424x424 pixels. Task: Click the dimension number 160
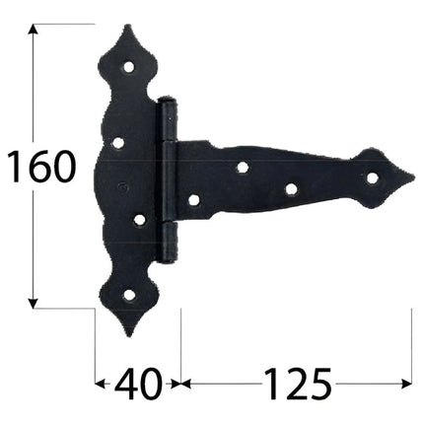41,167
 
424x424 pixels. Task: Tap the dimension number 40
138,384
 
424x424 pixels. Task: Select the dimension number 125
297,384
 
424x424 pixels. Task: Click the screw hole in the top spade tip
129,67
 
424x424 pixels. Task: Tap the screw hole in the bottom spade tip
129,296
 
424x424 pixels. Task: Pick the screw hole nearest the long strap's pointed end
372,177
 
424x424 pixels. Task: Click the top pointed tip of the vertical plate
128,26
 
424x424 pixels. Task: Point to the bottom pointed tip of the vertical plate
130,335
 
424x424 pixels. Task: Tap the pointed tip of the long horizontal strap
414,177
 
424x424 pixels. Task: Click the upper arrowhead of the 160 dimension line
33,30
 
